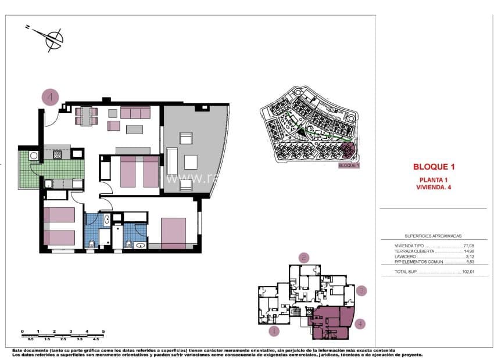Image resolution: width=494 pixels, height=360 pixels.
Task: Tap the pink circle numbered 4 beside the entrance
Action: (x=50, y=97)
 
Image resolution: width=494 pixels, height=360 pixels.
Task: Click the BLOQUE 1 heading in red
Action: (x=434, y=167)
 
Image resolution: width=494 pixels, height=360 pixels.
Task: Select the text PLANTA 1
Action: (x=434, y=179)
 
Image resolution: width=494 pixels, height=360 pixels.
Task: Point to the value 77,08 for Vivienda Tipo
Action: (x=468, y=246)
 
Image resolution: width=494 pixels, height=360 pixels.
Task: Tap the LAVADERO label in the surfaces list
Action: (x=406, y=257)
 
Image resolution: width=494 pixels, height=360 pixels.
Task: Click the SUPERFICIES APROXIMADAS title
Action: (x=433, y=236)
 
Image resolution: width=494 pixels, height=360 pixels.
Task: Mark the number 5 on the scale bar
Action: (x=103, y=331)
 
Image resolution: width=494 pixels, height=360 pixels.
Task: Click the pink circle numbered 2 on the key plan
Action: (x=304, y=257)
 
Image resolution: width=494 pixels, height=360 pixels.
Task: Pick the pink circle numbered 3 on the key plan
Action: (x=361, y=291)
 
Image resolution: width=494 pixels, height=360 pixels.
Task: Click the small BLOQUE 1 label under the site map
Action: (x=349, y=165)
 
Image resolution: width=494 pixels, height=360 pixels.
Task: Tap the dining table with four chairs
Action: (x=86, y=116)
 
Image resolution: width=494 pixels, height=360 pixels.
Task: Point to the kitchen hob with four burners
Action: (x=58, y=155)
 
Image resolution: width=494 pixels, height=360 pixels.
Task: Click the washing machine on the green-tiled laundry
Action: (x=34, y=156)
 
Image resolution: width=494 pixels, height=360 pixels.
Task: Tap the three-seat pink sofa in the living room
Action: (x=135, y=112)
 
